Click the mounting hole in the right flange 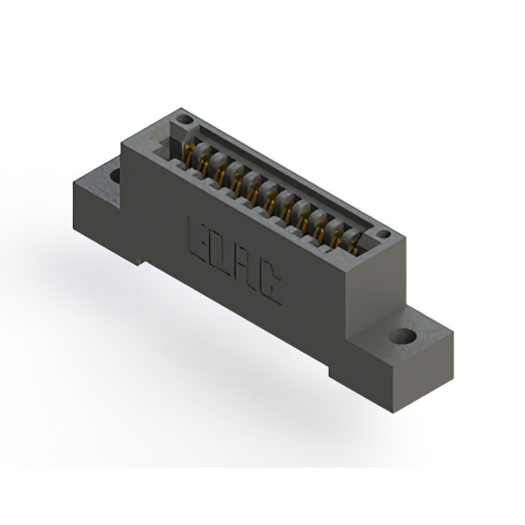(x=402, y=336)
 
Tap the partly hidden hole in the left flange (x=114, y=174)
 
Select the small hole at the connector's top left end (x=181, y=120)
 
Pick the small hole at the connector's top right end (x=382, y=235)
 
